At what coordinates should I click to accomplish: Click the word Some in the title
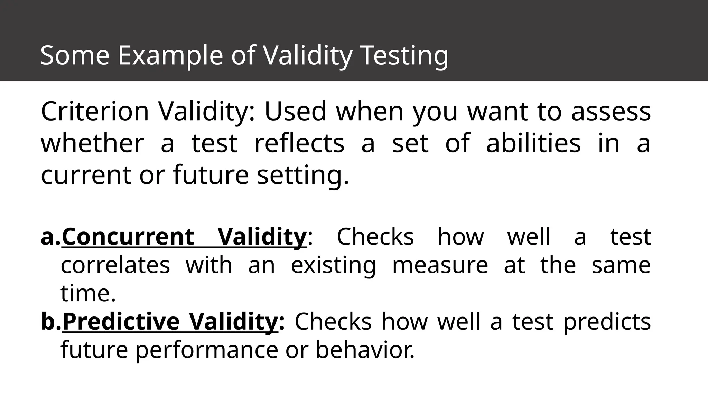[x=75, y=55]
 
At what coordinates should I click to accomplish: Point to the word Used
[x=295, y=112]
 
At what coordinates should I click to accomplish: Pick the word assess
[x=611, y=112]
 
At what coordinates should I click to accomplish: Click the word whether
[x=92, y=143]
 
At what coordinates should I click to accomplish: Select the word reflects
[x=299, y=143]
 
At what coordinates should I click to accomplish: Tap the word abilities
[x=533, y=143]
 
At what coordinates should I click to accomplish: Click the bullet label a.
[x=50, y=237]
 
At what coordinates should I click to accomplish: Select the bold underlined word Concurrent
[x=128, y=237]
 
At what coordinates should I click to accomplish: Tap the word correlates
[x=115, y=265]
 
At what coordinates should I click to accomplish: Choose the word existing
[x=333, y=265]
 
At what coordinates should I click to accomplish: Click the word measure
[x=440, y=265]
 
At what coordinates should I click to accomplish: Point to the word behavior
[x=365, y=350]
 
